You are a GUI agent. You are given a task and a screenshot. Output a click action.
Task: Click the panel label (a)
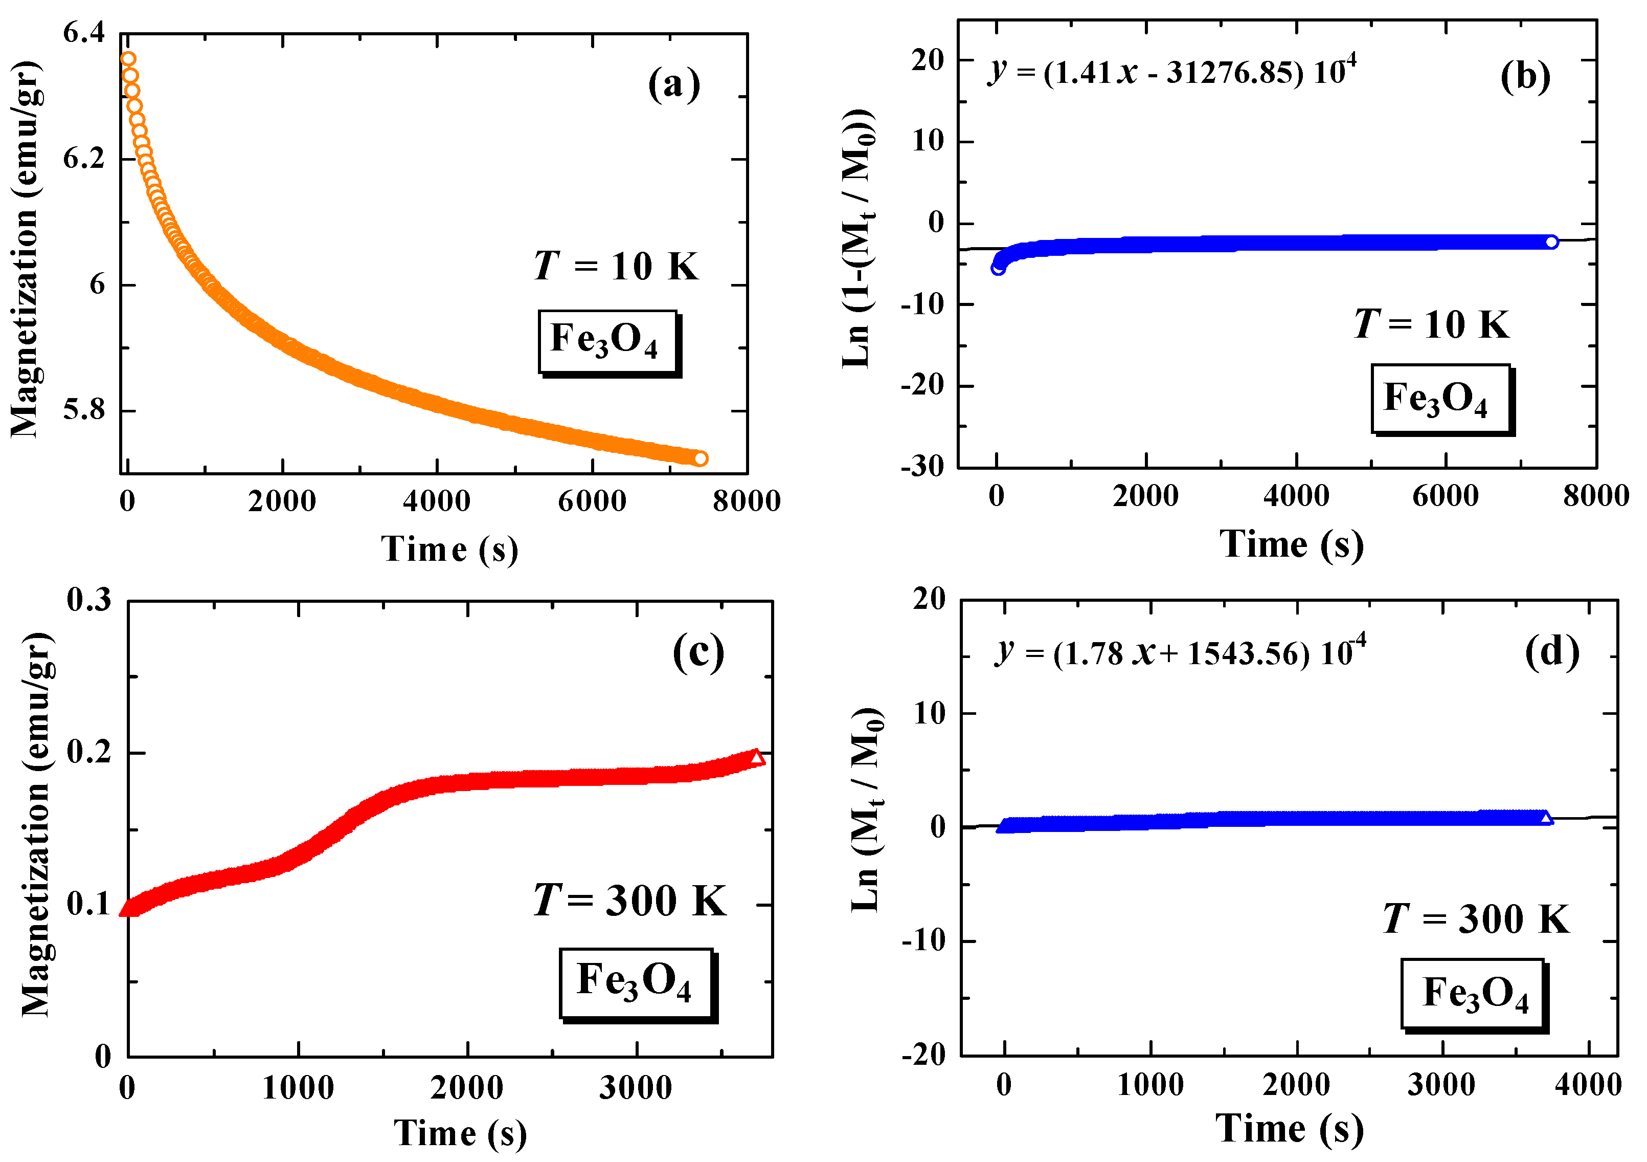tap(673, 85)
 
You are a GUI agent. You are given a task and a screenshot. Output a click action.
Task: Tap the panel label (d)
tap(1551, 652)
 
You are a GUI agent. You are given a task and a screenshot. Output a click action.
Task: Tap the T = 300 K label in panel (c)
tap(629, 901)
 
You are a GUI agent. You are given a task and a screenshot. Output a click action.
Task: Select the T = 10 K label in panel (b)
tap(1431, 324)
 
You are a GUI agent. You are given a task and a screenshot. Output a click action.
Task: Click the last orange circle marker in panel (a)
tap(700, 458)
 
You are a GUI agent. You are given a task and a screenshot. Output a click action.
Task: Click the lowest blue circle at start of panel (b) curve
tap(998, 268)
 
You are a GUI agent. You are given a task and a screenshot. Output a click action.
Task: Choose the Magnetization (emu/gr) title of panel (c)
tap(36, 825)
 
